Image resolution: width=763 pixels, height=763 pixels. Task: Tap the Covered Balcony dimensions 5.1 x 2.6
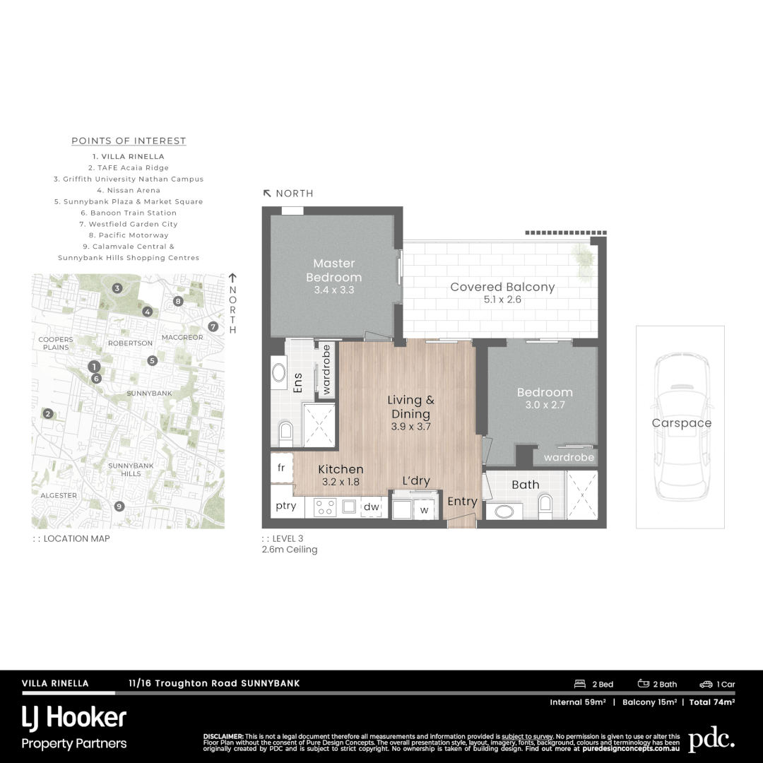click(502, 300)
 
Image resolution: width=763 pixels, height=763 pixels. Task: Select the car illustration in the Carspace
click(680, 427)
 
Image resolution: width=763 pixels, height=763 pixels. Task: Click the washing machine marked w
click(424, 509)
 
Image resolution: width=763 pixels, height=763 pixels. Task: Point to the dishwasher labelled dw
click(371, 507)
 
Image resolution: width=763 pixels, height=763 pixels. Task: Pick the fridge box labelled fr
click(281, 467)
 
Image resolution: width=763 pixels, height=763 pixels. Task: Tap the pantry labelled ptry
click(286, 506)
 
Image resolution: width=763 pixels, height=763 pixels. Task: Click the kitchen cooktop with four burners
click(324, 507)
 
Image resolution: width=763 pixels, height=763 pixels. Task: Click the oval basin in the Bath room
click(504, 511)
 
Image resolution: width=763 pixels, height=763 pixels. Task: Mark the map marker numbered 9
click(119, 506)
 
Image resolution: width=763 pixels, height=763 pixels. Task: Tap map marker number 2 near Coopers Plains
click(48, 414)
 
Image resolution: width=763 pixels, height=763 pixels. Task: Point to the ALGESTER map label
click(59, 495)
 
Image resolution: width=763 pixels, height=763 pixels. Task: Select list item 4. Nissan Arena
click(129, 190)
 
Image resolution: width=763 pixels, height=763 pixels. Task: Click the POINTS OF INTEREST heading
click(129, 141)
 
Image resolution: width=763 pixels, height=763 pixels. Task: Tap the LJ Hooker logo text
click(74, 718)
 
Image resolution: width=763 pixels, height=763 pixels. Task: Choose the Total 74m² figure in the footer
click(711, 702)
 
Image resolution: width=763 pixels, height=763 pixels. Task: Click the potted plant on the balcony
click(583, 258)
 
